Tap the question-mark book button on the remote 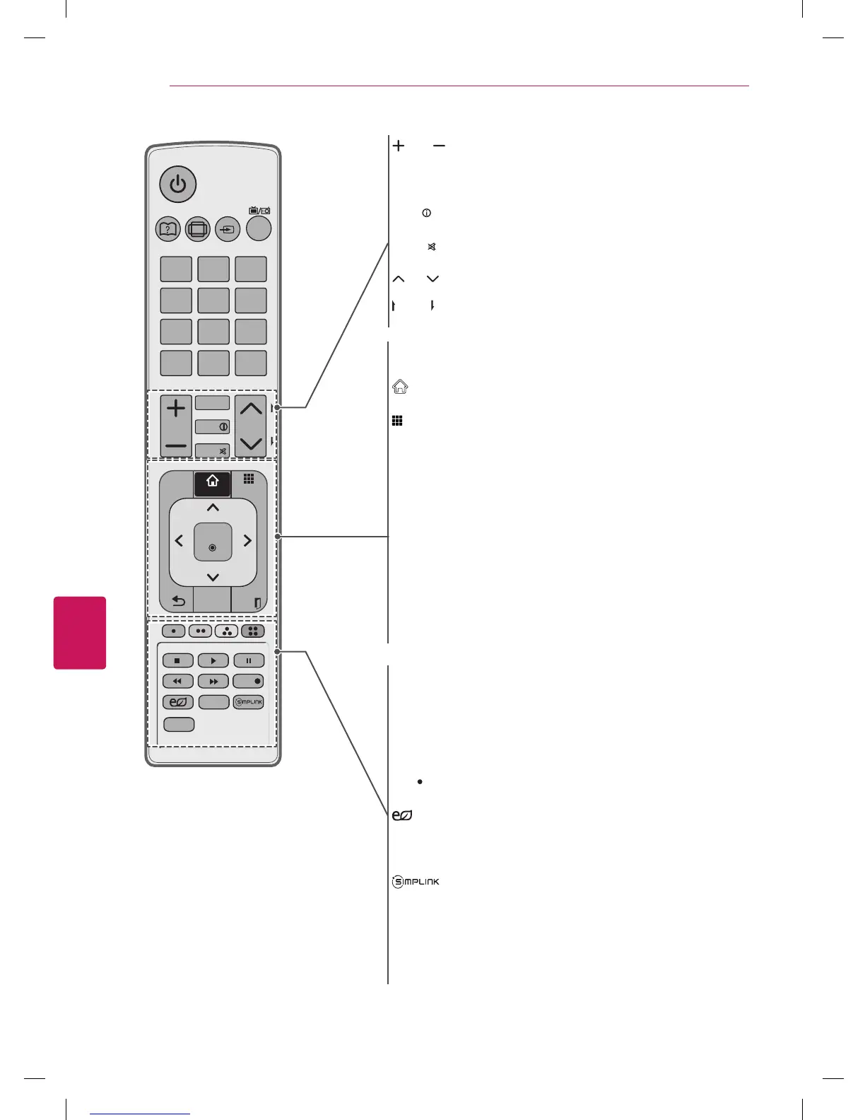[x=167, y=229]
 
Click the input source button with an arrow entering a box [x=228, y=229]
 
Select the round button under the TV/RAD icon [x=259, y=228]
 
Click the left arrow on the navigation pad [x=179, y=541]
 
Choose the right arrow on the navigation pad [x=247, y=541]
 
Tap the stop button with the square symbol [x=177, y=660]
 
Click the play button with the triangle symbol [x=213, y=660]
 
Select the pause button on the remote [x=249, y=660]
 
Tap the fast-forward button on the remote [x=213, y=682]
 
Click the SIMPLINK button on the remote [x=249, y=702]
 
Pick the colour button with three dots [x=227, y=631]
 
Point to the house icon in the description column [x=400, y=387]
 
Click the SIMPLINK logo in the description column [x=416, y=882]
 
